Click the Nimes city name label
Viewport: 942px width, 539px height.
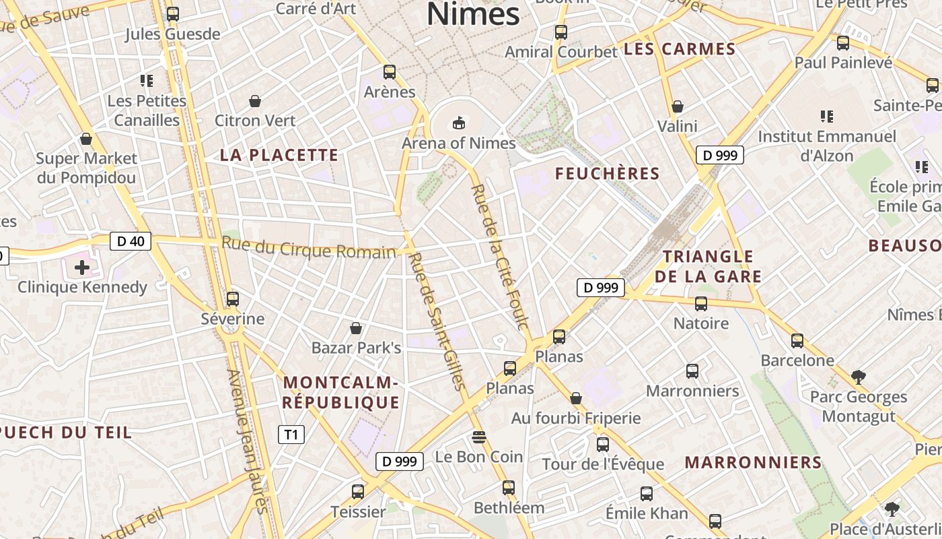click(x=473, y=13)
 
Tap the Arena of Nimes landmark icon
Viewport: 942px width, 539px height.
click(x=459, y=123)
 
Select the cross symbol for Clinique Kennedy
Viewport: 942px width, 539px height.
click(x=82, y=267)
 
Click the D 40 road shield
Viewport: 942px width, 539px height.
click(x=131, y=241)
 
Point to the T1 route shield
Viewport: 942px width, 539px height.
click(x=291, y=435)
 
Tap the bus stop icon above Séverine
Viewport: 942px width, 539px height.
click(x=233, y=298)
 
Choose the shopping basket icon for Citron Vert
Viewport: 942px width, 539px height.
click(x=255, y=102)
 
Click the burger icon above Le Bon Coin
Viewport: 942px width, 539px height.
click(x=479, y=437)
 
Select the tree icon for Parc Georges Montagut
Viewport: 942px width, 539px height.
click(x=858, y=377)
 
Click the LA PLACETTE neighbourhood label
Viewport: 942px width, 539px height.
click(x=279, y=155)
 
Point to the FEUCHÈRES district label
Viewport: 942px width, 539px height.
click(x=607, y=174)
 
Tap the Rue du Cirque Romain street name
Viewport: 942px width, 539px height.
click(x=308, y=248)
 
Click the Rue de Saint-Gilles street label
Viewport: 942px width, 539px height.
click(x=437, y=321)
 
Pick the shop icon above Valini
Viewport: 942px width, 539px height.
click(x=678, y=106)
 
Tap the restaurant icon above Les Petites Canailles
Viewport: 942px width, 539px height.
click(x=147, y=81)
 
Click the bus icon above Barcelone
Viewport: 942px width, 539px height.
click(x=797, y=341)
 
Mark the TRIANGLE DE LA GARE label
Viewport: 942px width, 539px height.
click(x=708, y=266)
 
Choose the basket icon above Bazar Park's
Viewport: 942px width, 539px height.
click(x=356, y=328)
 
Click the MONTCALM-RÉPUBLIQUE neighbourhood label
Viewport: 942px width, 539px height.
click(x=340, y=393)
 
